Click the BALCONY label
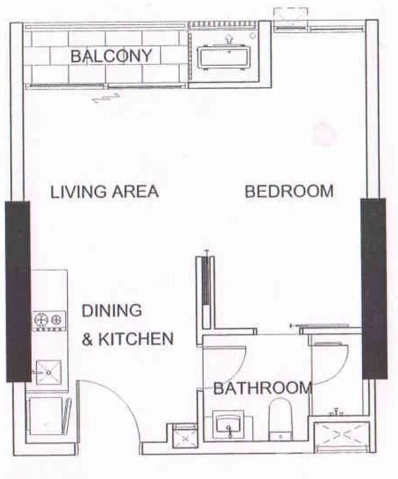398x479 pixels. click(x=111, y=56)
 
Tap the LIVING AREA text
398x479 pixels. click(x=104, y=191)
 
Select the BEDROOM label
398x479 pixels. click(x=289, y=191)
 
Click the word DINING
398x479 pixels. click(x=112, y=310)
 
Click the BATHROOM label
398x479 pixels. click(x=263, y=388)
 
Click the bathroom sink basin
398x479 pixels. click(x=229, y=422)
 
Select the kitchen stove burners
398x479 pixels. click(x=49, y=319)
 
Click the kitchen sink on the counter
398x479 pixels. click(x=48, y=372)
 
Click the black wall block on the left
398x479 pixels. click(x=18, y=291)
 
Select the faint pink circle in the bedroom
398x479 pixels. click(x=324, y=133)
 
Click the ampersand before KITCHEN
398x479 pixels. click(x=87, y=339)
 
